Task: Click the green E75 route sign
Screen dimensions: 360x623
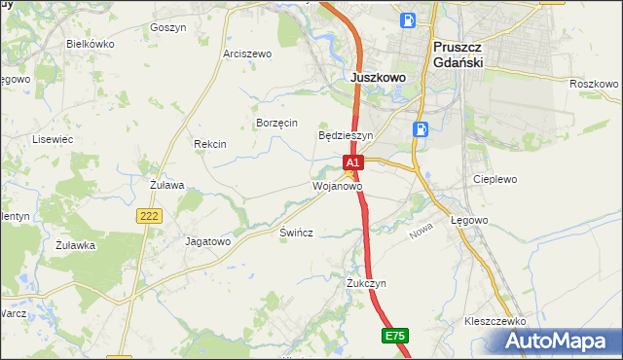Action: (x=394, y=336)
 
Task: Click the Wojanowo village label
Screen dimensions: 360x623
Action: (x=337, y=185)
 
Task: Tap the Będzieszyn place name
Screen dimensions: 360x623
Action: (x=347, y=135)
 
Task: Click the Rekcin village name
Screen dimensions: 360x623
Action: (x=210, y=144)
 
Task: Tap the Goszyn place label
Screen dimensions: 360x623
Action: (x=168, y=28)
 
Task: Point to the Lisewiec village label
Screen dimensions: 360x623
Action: (x=54, y=139)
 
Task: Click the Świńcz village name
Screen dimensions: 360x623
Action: (x=296, y=236)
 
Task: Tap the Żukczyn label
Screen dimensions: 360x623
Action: (x=367, y=283)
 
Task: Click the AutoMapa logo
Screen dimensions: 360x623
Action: (x=558, y=341)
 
